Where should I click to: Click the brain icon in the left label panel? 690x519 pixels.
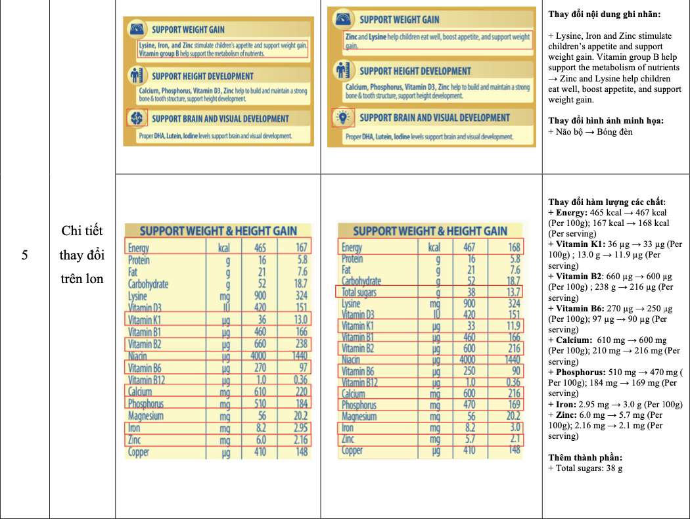pos(137,118)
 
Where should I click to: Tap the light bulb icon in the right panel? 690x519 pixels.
pos(342,118)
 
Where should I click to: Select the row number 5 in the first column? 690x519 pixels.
pos(24,255)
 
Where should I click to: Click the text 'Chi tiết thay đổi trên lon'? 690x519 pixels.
pos(82,255)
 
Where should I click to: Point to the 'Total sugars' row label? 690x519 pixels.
pos(359,292)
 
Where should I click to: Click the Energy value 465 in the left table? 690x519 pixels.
pos(260,248)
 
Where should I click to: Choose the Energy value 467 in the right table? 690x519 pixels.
pos(469,248)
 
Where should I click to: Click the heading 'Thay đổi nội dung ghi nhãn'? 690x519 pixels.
pos(605,14)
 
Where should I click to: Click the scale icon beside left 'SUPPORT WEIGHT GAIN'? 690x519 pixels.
pos(137,30)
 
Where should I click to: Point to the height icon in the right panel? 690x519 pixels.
pos(342,70)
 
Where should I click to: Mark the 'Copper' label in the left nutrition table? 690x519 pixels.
pos(139,452)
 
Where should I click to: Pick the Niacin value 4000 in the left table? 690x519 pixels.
pos(260,356)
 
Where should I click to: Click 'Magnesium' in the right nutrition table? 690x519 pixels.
pos(359,417)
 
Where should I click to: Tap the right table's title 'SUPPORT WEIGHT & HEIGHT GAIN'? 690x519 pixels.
pos(430,231)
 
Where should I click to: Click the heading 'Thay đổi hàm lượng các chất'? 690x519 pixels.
pos(607,202)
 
